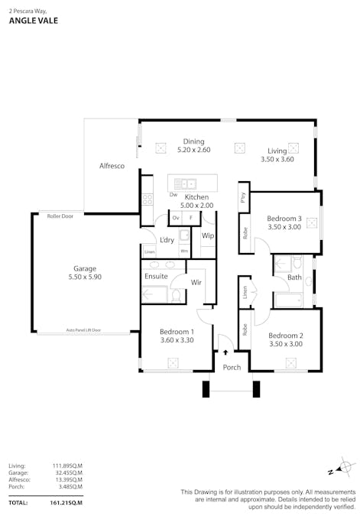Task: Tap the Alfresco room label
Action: (112, 166)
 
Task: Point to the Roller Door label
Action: (60, 216)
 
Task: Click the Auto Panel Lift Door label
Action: (83, 331)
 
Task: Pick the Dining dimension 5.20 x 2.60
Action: (193, 151)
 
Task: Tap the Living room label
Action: (277, 151)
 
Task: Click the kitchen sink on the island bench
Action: (185, 183)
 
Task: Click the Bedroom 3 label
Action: (284, 218)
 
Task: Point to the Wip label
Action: (208, 235)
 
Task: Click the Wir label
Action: (196, 282)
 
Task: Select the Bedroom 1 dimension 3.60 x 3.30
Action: (176, 340)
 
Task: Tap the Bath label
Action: (294, 277)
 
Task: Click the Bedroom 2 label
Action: (286, 336)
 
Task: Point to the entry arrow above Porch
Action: (226, 353)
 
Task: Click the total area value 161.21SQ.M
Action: (66, 503)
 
